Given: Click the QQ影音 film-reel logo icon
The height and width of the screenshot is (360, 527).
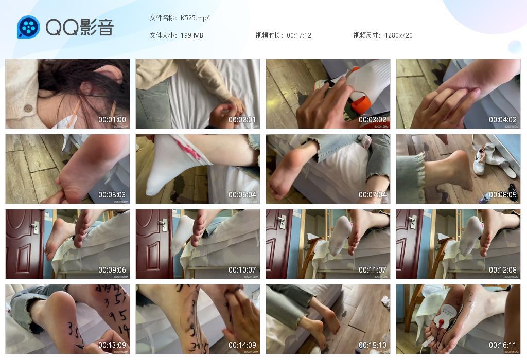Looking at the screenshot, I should click(x=28, y=27).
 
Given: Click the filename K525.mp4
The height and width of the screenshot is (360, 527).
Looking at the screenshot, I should click(x=196, y=18).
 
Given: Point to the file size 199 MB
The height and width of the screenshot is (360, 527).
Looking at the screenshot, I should click(x=192, y=35).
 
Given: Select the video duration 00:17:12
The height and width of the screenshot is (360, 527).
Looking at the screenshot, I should click(x=299, y=35).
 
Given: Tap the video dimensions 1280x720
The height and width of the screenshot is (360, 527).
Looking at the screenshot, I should click(x=398, y=35).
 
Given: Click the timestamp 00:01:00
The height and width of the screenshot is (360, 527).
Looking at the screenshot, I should click(x=112, y=120).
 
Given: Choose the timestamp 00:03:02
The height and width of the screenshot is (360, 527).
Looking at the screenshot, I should click(x=373, y=120).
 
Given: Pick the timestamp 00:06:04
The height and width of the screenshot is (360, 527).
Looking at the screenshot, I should click(x=242, y=195).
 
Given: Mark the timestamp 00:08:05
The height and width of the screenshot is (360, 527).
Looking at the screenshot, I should click(x=503, y=195).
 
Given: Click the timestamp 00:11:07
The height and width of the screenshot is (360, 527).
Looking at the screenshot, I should click(x=373, y=270).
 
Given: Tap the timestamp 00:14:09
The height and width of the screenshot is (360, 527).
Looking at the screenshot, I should click(x=242, y=345).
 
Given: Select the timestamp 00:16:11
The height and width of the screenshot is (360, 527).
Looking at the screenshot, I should click(x=503, y=345).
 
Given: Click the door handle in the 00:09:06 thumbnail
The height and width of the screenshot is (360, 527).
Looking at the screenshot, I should click(x=34, y=225).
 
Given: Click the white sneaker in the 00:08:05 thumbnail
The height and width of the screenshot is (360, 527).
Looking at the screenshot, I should click(x=479, y=163).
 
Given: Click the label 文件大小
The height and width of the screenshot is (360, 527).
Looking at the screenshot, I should click(x=163, y=35).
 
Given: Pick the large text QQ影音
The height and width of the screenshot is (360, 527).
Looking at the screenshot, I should click(x=80, y=27).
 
